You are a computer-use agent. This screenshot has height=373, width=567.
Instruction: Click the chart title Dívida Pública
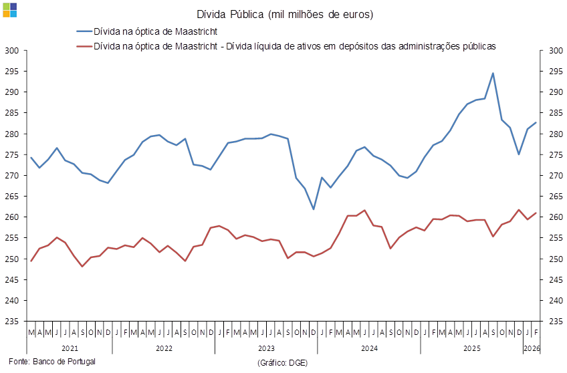pyautogui.click(x=285, y=15)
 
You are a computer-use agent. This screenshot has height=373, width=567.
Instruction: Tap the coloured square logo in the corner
pyautogui.click(x=9, y=9)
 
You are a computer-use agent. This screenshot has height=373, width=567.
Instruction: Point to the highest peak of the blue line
pyautogui.click(x=493, y=74)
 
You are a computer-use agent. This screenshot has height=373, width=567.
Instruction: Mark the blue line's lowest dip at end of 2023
pyautogui.click(x=314, y=209)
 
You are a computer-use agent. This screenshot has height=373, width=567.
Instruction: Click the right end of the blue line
pyautogui.click(x=536, y=123)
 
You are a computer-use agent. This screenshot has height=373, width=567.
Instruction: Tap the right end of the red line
pyautogui.click(x=536, y=213)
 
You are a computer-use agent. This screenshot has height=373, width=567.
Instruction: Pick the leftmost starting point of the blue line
pyautogui.click(x=31, y=157)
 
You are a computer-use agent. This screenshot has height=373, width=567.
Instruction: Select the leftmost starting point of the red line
pyautogui.click(x=31, y=261)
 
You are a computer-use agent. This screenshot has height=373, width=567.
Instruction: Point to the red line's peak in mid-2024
pyautogui.click(x=365, y=211)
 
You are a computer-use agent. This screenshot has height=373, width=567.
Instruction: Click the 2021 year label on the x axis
pyautogui.click(x=70, y=348)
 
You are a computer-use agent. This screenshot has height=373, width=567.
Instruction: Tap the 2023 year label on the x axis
pyautogui.click(x=265, y=348)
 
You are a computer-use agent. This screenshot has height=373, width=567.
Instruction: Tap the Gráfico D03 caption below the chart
pyautogui.click(x=282, y=362)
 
